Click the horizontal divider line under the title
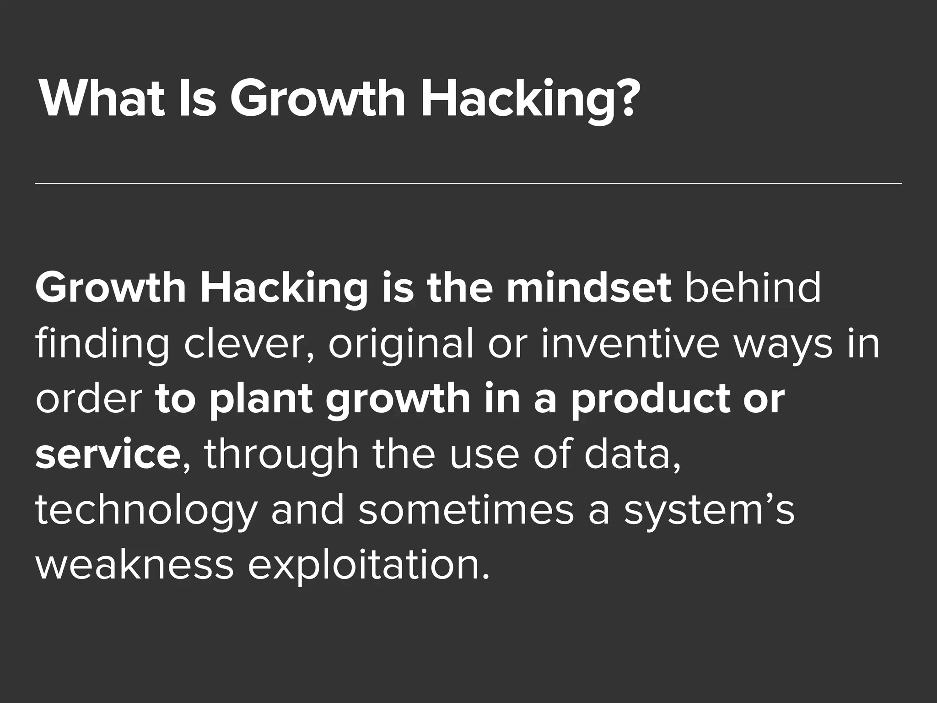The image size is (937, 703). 468,184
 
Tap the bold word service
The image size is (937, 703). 108,455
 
